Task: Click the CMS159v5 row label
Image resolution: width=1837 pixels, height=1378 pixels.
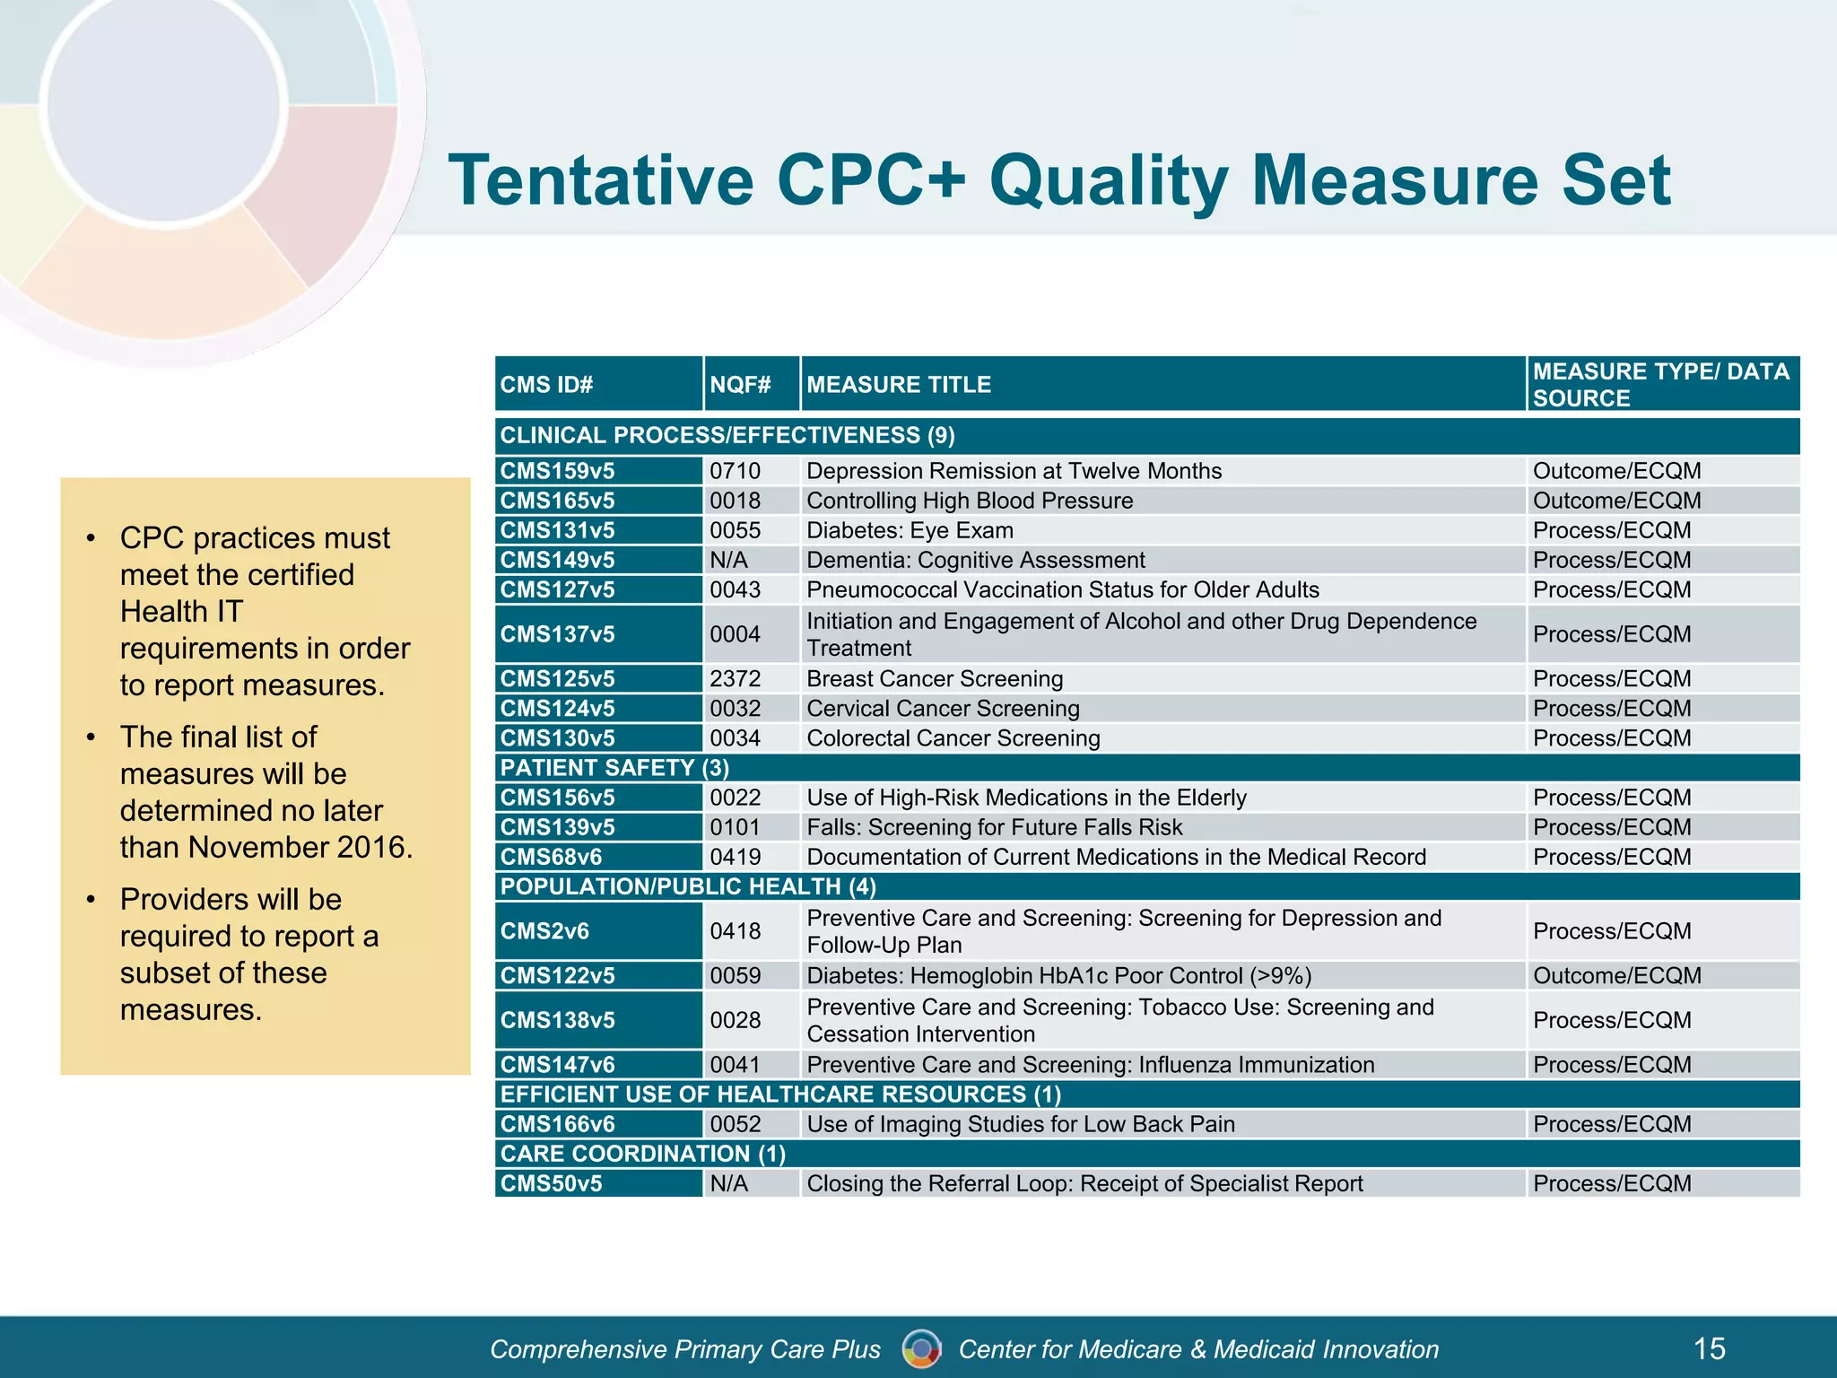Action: pos(558,471)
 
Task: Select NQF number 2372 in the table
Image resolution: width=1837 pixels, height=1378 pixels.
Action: pos(735,679)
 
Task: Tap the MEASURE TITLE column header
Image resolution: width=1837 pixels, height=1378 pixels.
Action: pos(899,385)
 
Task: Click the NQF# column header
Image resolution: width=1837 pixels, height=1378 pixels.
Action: pos(740,385)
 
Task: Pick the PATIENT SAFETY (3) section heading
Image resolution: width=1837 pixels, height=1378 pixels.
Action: pos(614,768)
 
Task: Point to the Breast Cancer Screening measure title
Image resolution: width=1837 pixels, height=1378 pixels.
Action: pos(935,679)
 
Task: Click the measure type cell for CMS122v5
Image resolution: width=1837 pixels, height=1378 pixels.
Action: pos(1616,975)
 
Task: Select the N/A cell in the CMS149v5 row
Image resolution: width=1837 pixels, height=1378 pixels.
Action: pos(728,561)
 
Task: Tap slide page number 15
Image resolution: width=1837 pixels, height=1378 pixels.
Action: pos(1709,1348)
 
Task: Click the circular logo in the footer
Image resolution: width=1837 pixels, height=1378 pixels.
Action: pos(921,1348)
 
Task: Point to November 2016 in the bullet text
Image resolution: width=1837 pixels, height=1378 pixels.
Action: pos(300,847)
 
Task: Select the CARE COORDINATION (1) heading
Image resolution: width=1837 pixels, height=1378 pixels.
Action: pos(642,1154)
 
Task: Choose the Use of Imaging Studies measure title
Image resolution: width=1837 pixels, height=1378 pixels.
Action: pos(1021,1124)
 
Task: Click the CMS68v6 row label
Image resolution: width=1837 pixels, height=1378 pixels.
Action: pos(551,857)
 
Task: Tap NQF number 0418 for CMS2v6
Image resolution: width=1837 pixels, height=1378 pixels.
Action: pos(735,931)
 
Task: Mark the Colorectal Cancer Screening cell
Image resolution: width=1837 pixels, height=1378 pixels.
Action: pos(953,738)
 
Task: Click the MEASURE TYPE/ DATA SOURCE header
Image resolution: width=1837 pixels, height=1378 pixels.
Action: pos(1660,385)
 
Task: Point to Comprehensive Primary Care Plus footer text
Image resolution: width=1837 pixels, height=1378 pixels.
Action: pos(685,1349)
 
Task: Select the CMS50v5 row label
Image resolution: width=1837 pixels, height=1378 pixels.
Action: pos(551,1183)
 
